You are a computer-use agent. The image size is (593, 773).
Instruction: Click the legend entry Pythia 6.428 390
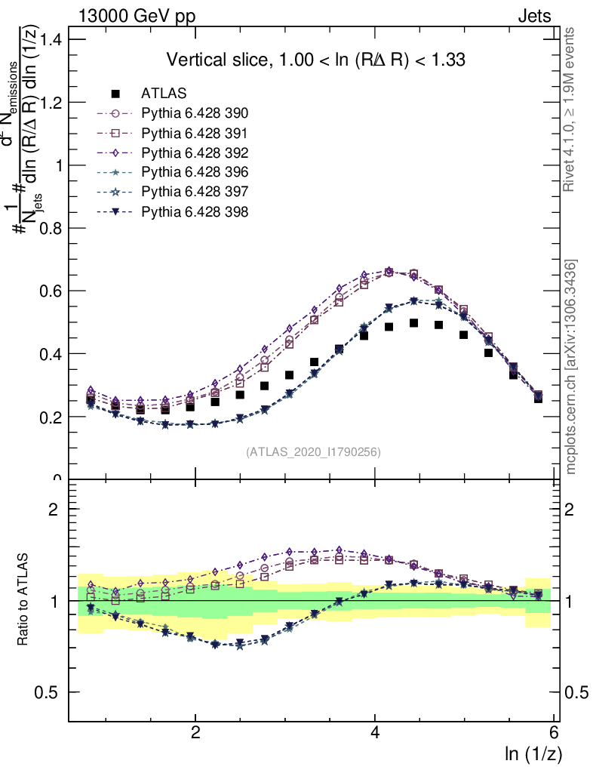[x=195, y=113]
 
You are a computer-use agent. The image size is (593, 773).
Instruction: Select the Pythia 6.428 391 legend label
[x=195, y=133]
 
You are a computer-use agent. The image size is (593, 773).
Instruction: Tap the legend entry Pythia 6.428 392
[x=195, y=152]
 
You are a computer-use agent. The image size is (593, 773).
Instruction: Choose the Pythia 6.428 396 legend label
[x=195, y=172]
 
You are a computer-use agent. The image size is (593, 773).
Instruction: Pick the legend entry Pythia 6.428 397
[x=195, y=192]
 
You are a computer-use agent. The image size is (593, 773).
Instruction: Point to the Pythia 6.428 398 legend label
[x=195, y=211]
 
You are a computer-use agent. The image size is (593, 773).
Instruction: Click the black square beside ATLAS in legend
[x=115, y=94]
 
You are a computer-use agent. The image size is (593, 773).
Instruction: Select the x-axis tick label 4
[x=375, y=733]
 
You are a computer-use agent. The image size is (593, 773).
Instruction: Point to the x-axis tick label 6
[x=555, y=733]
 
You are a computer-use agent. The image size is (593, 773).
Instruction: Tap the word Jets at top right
[x=534, y=15]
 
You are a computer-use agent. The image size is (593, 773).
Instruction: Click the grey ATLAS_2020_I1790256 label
[x=312, y=452]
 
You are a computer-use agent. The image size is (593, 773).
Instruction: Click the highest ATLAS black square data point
[x=413, y=323]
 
